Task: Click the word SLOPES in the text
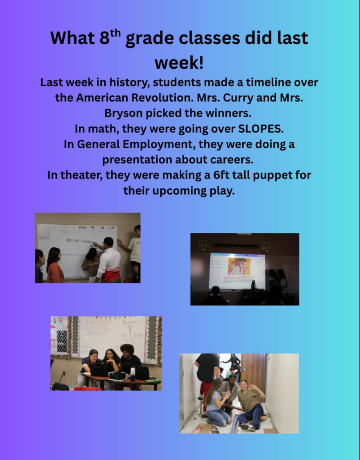pos(260,129)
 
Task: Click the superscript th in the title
pos(115,33)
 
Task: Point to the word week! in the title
pos(179,63)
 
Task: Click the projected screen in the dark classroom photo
pos(237,271)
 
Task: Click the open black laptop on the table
pos(99,370)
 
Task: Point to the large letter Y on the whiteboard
pos(130,329)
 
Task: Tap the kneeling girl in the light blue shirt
pos(217,402)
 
